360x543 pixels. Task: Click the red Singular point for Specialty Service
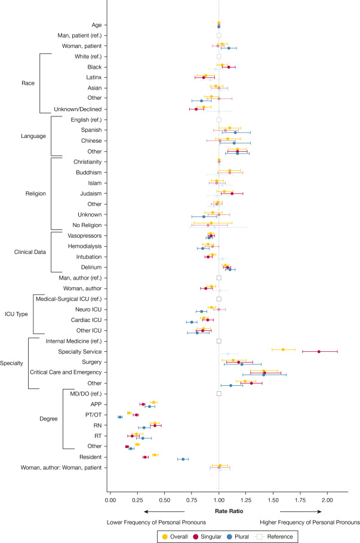319,351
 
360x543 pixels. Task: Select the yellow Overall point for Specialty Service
283,349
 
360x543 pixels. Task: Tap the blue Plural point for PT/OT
120,417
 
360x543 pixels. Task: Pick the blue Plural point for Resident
183,459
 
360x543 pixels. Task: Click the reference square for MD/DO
219,394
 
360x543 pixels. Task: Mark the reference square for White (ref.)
219,56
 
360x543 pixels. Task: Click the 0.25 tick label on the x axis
137,500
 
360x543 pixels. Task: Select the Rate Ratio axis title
229,511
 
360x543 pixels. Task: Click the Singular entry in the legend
207,536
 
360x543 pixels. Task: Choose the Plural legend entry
238,536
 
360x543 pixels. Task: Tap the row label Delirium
91,268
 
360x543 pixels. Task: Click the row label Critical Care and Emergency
66,372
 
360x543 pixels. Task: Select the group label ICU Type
16,314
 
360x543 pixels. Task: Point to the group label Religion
36,194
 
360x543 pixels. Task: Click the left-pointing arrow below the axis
164,511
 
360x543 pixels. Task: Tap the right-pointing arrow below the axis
301,511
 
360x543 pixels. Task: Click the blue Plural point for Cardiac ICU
192,322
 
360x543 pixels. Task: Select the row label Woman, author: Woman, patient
61,468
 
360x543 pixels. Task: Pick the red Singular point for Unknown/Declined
196,109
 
